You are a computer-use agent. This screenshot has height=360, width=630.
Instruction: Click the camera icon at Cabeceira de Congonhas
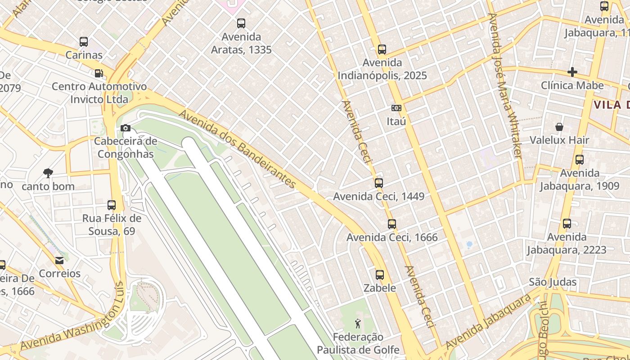click(x=126, y=128)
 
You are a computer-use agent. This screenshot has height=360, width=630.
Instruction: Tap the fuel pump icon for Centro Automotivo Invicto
click(x=99, y=73)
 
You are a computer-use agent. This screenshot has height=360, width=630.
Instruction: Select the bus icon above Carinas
click(x=84, y=42)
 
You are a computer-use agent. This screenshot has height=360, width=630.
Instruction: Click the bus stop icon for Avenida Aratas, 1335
click(x=241, y=23)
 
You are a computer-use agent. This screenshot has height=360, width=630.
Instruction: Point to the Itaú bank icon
click(x=396, y=108)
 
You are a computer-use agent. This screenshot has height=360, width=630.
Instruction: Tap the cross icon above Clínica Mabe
click(x=572, y=72)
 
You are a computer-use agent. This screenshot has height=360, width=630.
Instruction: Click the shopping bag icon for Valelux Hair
click(x=559, y=127)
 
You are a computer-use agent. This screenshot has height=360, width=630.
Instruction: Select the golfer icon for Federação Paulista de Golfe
click(x=358, y=323)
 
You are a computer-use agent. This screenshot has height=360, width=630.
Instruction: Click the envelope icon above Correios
click(x=59, y=260)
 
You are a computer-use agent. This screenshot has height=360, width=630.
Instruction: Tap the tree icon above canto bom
click(x=48, y=173)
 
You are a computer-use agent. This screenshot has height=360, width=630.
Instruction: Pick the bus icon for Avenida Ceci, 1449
click(x=378, y=183)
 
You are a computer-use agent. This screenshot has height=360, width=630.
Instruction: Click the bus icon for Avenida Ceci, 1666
click(x=391, y=224)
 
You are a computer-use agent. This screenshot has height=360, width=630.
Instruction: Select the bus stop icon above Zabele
click(x=380, y=275)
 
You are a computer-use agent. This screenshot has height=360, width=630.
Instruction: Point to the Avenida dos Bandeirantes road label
click(x=238, y=148)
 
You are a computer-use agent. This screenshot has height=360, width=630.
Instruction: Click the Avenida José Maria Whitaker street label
click(x=506, y=85)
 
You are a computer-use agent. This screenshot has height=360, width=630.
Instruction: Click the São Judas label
click(x=553, y=282)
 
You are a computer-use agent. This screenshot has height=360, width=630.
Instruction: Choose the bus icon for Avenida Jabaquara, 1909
click(x=580, y=160)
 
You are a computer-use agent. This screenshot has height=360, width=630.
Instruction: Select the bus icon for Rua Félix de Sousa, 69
click(x=112, y=205)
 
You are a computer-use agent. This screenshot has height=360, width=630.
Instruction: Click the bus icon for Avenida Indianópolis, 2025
click(x=382, y=49)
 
